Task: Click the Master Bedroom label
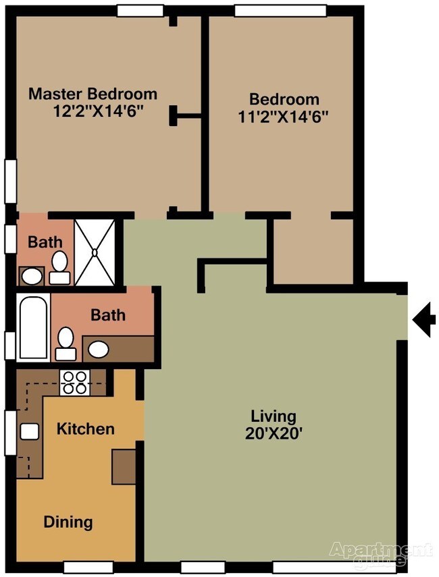(93, 94)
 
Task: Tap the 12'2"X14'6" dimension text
(98, 111)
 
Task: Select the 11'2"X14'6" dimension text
(283, 115)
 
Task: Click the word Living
(274, 416)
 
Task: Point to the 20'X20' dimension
(274, 434)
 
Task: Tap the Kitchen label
(85, 429)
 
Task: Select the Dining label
(68, 522)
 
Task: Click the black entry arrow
(424, 320)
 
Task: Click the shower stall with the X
(95, 252)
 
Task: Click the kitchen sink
(29, 431)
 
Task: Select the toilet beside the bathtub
(66, 343)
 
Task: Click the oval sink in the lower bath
(99, 349)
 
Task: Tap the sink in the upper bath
(30, 275)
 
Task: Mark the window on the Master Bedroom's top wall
(140, 10)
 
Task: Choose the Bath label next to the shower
(45, 242)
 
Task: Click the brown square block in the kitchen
(124, 466)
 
